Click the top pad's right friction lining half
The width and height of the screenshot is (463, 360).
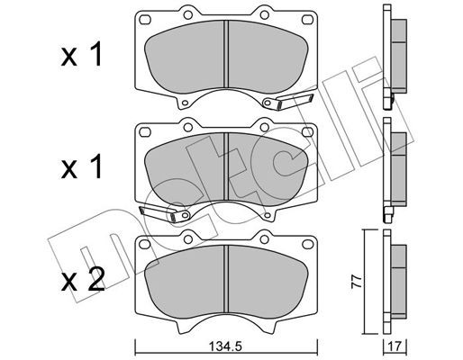[266, 56]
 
